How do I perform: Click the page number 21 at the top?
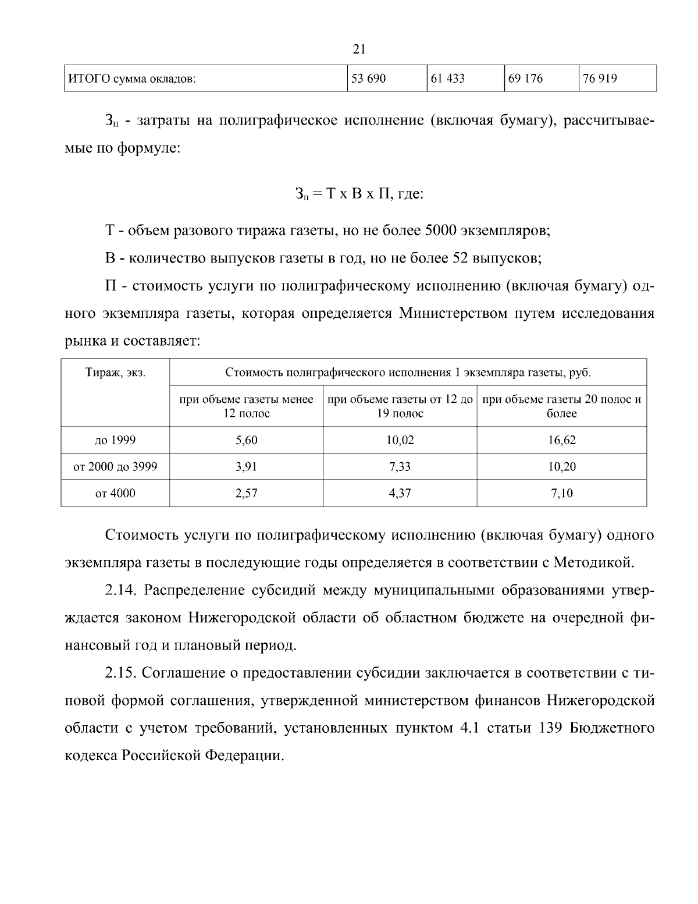click(x=359, y=49)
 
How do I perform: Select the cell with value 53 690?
click(x=368, y=79)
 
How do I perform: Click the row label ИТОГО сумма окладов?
click(x=132, y=79)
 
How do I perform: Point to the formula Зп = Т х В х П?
click(x=359, y=193)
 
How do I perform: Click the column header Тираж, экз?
click(x=115, y=373)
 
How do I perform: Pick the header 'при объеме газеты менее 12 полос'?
click(x=246, y=406)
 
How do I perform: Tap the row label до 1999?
click(x=115, y=440)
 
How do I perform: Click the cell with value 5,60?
click(x=246, y=441)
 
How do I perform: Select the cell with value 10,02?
click(x=400, y=441)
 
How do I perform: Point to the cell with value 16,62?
click(x=561, y=441)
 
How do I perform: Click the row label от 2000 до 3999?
click(x=115, y=467)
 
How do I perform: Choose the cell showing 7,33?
click(x=400, y=467)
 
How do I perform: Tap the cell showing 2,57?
click(x=246, y=494)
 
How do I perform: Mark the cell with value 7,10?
click(x=561, y=494)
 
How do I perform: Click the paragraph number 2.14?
click(x=120, y=590)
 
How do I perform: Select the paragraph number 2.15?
click(x=120, y=673)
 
